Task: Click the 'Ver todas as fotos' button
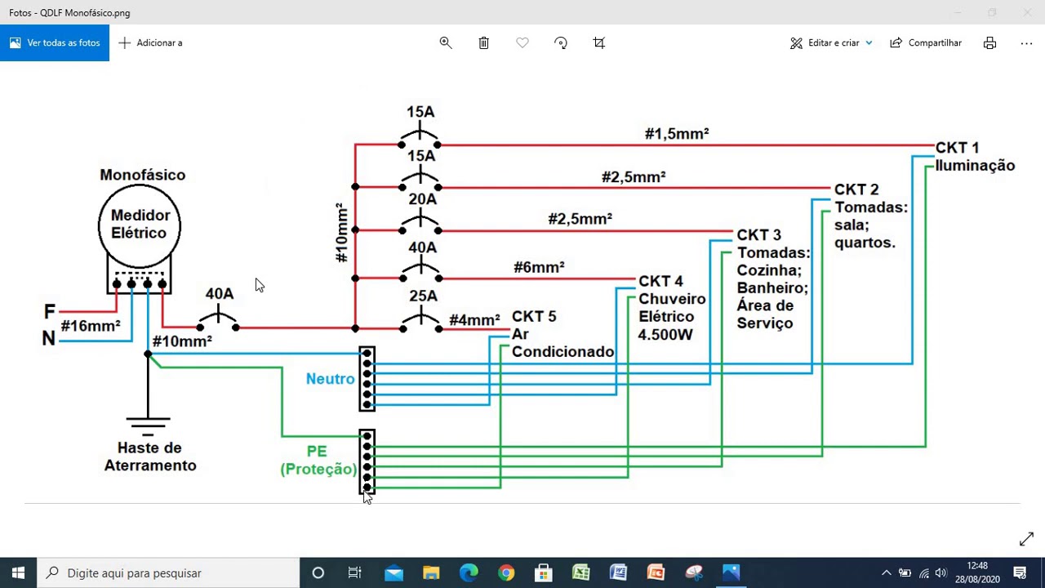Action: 55,43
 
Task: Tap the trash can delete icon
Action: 484,43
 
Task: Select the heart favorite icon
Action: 522,43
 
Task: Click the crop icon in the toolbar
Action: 599,43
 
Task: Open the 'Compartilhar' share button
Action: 926,43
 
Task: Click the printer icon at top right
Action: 989,43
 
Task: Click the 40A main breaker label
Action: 220,293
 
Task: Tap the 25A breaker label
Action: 423,296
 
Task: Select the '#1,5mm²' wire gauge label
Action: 677,134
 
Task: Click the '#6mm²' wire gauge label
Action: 539,267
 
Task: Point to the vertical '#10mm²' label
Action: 342,233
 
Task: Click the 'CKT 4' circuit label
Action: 660,282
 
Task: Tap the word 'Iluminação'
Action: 975,166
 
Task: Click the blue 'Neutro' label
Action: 331,379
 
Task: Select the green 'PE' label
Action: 317,452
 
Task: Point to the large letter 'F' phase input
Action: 50,311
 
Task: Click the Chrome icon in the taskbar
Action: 506,572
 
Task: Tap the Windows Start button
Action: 18,572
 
